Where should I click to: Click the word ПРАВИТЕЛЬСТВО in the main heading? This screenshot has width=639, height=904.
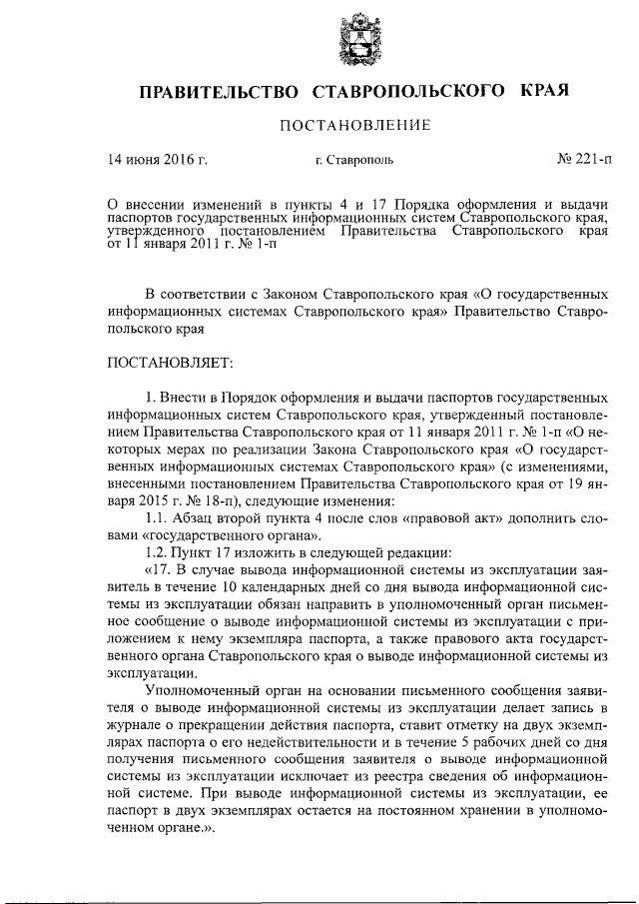pyautogui.click(x=220, y=93)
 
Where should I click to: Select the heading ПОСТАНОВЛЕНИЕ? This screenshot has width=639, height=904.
pyautogui.click(x=354, y=126)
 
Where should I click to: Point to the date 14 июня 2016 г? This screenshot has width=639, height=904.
pyautogui.click(x=157, y=159)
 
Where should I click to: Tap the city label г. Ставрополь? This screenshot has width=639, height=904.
pyautogui.click(x=354, y=160)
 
